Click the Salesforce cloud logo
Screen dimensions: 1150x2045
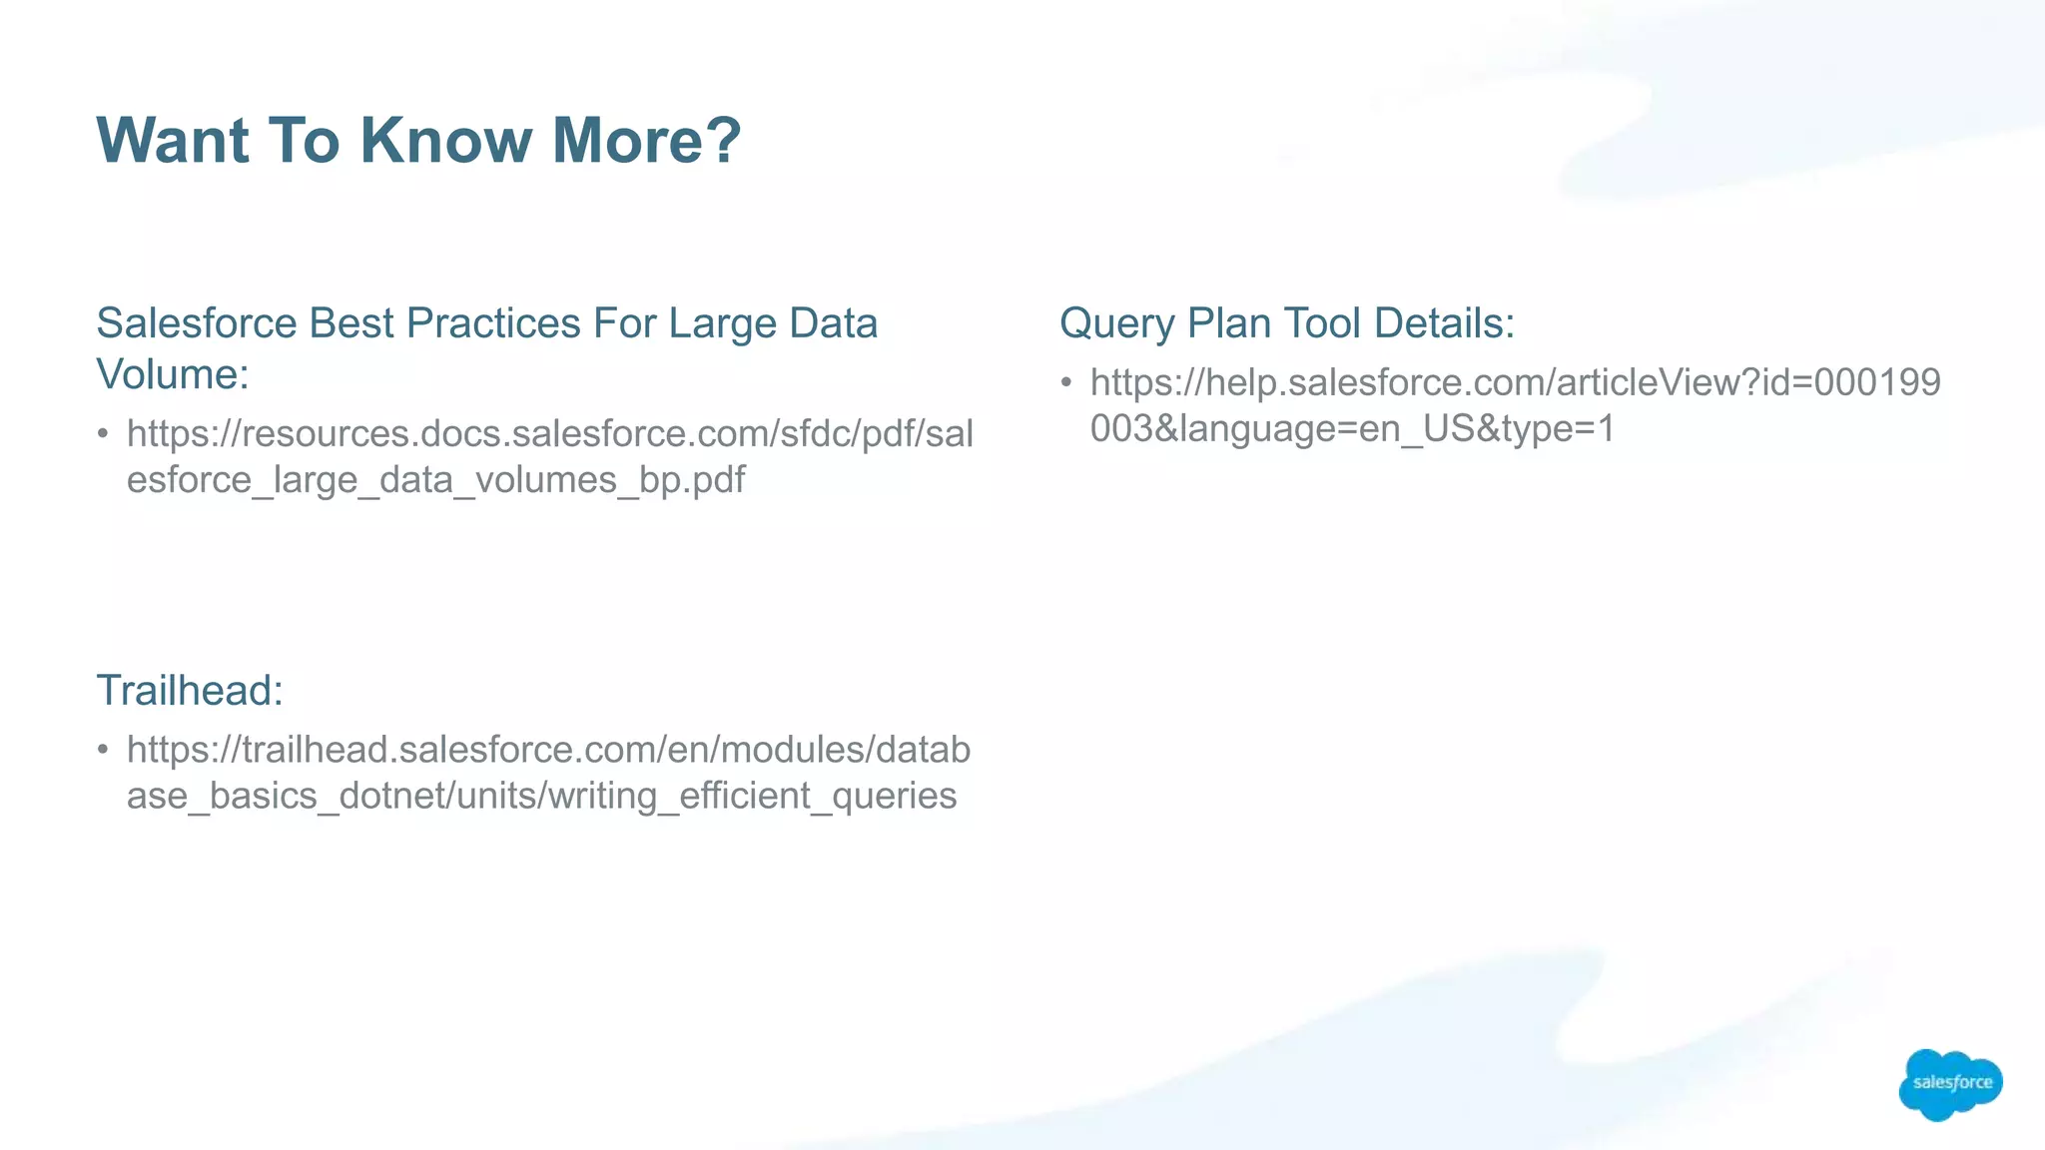coord(1950,1084)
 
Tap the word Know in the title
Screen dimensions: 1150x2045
coord(445,140)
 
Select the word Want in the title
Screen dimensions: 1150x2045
coord(173,140)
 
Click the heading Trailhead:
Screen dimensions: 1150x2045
coord(190,691)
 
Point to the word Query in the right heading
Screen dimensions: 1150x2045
coord(1116,323)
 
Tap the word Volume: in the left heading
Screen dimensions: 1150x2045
coord(173,375)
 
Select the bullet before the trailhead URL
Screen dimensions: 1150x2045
coord(103,750)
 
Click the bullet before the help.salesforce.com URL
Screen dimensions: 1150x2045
coord(1066,382)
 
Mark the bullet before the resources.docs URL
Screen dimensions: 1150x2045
coord(103,434)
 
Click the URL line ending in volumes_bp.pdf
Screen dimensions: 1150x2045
coord(435,480)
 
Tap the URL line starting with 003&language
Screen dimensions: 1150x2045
coord(1352,429)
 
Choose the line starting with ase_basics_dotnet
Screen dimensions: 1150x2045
coord(541,797)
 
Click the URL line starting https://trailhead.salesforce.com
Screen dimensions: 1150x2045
coord(548,750)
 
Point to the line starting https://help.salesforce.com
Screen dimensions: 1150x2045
coord(1515,382)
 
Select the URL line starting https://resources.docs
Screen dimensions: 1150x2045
coord(549,434)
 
